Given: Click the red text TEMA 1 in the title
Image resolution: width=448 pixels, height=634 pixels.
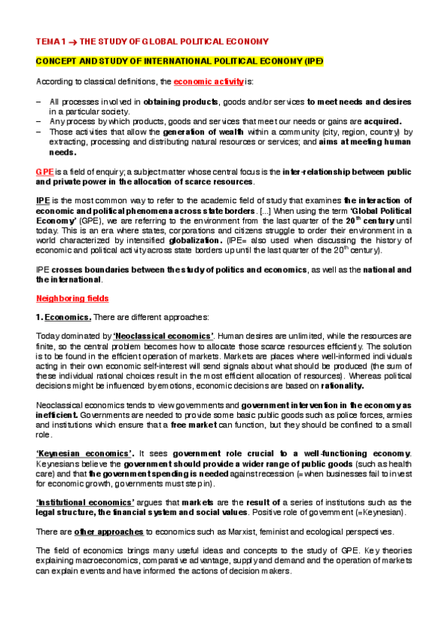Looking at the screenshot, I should pyautogui.click(x=52, y=41).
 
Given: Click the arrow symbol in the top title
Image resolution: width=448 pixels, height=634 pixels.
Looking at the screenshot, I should pyautogui.click(x=74, y=41).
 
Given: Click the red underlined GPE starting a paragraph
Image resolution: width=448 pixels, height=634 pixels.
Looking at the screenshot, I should pyautogui.click(x=43, y=172).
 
